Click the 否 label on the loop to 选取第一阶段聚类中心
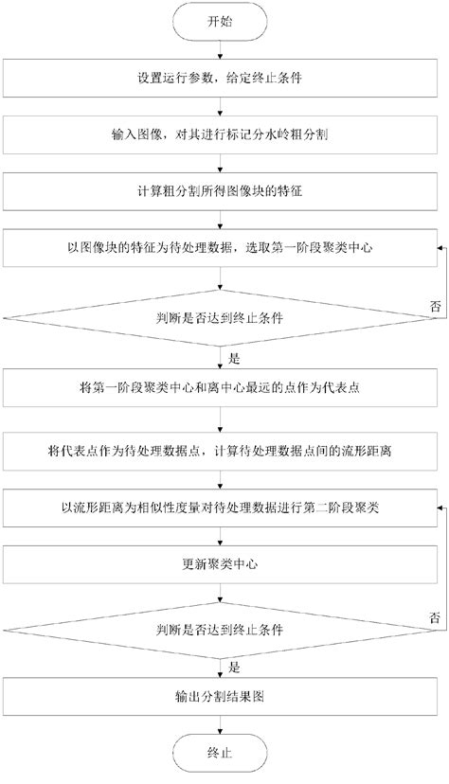tap(435, 306)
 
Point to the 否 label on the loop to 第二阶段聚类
tap(435, 616)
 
